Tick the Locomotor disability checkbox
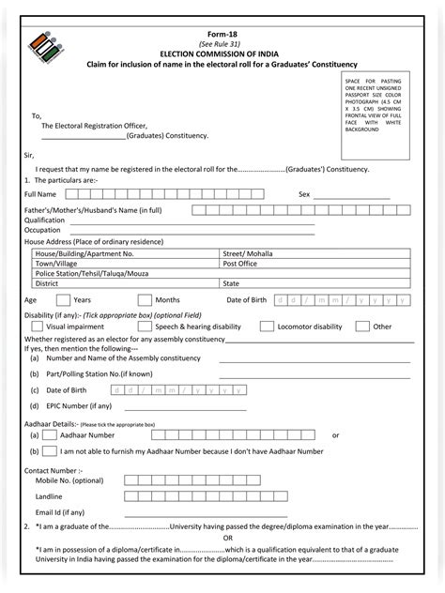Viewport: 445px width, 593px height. tap(267, 327)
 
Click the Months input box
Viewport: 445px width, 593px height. tap(145, 299)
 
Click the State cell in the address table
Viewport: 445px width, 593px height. tap(231, 282)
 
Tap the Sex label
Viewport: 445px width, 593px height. tap(303, 194)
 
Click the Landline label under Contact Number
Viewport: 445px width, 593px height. tap(50, 494)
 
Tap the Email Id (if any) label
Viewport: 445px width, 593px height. tap(60, 512)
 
